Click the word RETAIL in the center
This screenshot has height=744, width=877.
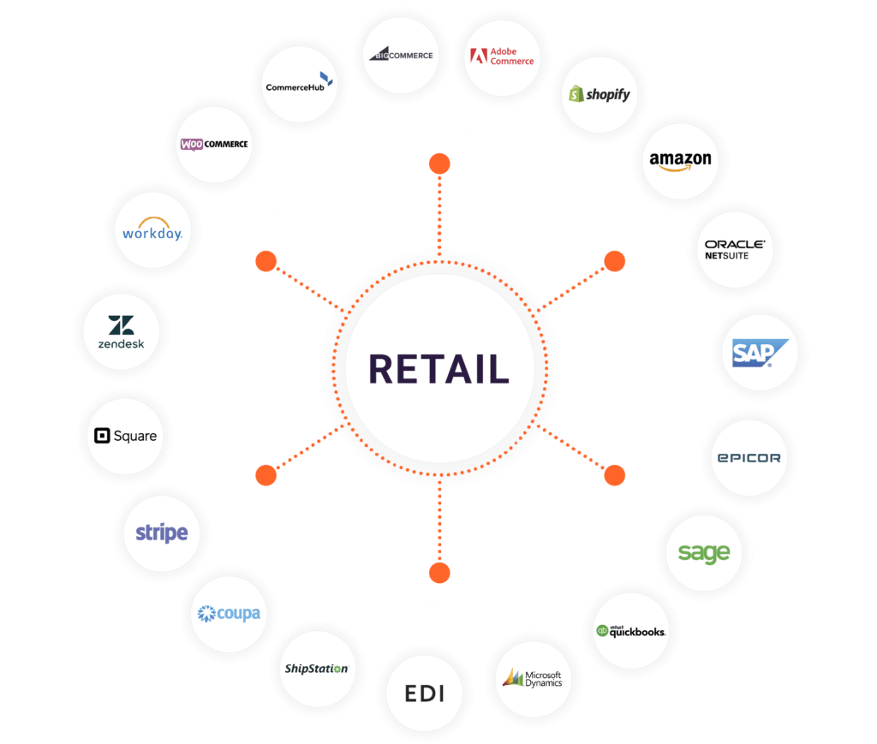tap(438, 369)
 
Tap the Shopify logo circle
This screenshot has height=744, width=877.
tap(600, 94)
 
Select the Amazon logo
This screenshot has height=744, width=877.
tap(680, 160)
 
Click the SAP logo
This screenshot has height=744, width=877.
tap(754, 352)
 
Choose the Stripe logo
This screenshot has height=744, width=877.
tap(162, 533)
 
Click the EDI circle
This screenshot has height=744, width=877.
tap(426, 693)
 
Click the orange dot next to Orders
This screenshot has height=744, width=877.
tap(615, 261)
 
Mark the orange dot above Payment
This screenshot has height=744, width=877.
tap(265, 475)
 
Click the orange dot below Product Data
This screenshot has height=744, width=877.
tap(439, 164)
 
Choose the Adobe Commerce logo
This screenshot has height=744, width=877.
tap(503, 57)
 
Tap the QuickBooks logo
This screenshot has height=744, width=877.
tap(631, 631)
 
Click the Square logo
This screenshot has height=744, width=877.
tap(126, 436)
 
